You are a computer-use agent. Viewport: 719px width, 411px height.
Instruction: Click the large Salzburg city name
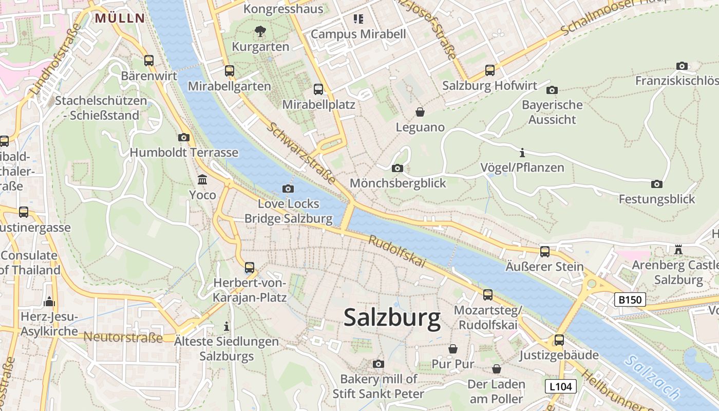392,318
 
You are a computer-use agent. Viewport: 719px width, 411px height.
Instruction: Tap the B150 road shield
630,300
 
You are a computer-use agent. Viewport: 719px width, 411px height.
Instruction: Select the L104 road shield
560,386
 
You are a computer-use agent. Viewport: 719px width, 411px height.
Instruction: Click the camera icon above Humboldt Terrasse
183,137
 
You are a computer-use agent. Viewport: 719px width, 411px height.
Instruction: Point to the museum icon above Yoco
202,180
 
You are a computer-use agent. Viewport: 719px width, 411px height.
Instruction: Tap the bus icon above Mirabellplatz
318,89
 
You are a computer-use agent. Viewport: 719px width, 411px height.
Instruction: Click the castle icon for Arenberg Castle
678,250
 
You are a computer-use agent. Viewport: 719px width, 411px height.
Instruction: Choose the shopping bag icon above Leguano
420,112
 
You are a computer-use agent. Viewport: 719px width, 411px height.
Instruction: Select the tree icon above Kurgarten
260,31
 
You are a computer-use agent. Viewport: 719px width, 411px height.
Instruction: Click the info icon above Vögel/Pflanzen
522,153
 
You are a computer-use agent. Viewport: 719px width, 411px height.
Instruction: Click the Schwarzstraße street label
301,153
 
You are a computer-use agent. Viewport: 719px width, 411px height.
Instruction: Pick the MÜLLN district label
120,18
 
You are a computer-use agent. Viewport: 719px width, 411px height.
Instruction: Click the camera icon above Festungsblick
656,184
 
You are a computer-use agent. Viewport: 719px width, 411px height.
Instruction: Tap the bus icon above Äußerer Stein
544,252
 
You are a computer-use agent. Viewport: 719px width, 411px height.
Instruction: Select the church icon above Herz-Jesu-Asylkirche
50,301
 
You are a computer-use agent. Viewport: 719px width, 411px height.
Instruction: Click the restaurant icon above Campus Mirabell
358,19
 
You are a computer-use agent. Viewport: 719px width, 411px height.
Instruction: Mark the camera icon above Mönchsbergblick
397,168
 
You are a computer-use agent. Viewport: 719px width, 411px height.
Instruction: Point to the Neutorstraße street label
123,338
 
